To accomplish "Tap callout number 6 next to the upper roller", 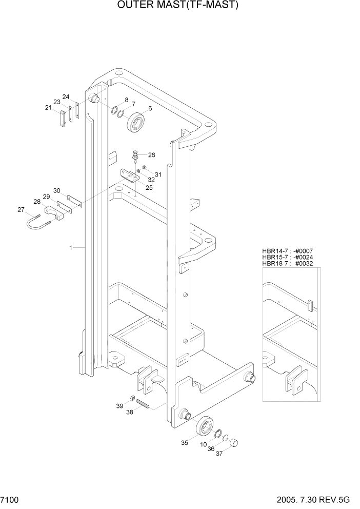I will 150,109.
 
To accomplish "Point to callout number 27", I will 21,209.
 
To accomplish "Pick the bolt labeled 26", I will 136,155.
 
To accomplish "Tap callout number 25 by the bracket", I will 149,188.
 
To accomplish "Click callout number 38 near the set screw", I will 130,412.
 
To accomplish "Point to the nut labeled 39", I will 133,398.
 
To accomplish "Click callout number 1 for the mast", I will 71,247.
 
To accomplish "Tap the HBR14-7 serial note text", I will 287,250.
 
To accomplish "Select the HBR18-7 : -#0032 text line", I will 287,264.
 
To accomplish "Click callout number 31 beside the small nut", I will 158,174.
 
